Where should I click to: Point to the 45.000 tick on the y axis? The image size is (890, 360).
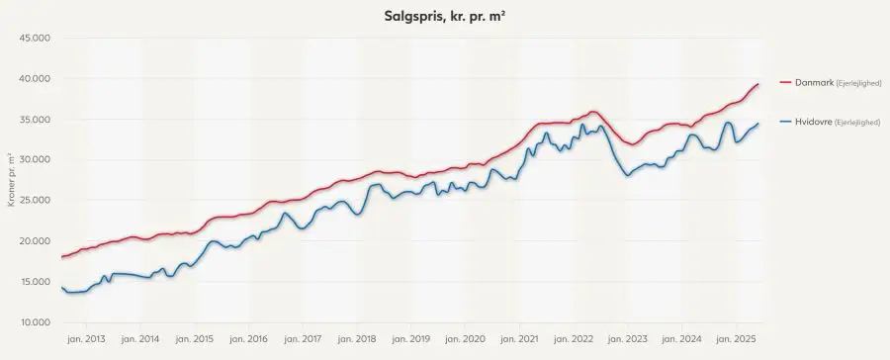pos(35,38)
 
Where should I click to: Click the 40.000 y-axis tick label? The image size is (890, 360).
pos(35,78)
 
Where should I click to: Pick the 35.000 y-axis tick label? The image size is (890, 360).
pos(35,119)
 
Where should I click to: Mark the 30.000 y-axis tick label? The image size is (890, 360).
pos(35,159)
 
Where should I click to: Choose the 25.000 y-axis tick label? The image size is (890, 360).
pos(35,200)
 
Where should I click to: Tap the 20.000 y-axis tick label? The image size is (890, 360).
pos(35,240)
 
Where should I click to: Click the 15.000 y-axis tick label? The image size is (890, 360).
pos(35,282)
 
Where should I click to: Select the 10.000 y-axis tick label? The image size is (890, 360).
pos(35,322)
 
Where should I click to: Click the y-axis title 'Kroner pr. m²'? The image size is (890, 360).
pos(10,180)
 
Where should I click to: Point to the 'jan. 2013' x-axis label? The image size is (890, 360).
pos(87,340)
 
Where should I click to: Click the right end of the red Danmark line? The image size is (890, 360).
pos(757,84)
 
